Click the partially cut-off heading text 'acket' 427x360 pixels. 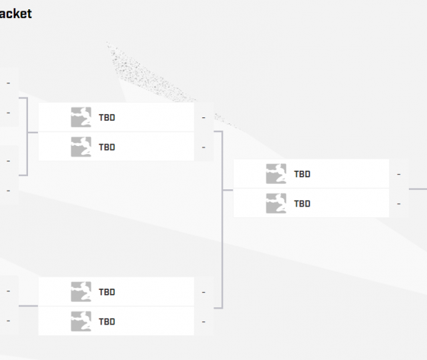(16, 14)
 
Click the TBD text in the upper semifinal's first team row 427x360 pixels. (107, 117)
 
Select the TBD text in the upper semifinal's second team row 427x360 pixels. (107, 147)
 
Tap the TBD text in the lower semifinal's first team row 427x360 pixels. (107, 292)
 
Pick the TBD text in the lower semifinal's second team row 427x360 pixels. (107, 321)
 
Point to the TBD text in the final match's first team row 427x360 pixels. (302, 174)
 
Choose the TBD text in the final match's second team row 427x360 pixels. (302, 203)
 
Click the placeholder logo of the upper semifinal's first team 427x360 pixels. (81, 117)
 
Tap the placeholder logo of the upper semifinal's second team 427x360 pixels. (81, 147)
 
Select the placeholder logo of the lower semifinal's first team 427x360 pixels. (81, 292)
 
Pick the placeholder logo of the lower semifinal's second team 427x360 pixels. (81, 321)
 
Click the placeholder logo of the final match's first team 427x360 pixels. (276, 174)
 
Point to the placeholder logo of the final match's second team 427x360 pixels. (276, 203)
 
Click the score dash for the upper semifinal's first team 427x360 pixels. (203, 118)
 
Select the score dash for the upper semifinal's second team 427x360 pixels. (203, 147)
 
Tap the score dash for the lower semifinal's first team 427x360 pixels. (203, 293)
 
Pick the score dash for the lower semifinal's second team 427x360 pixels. (203, 322)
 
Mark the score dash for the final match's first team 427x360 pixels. (398, 175)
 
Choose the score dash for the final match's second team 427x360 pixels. (398, 204)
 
